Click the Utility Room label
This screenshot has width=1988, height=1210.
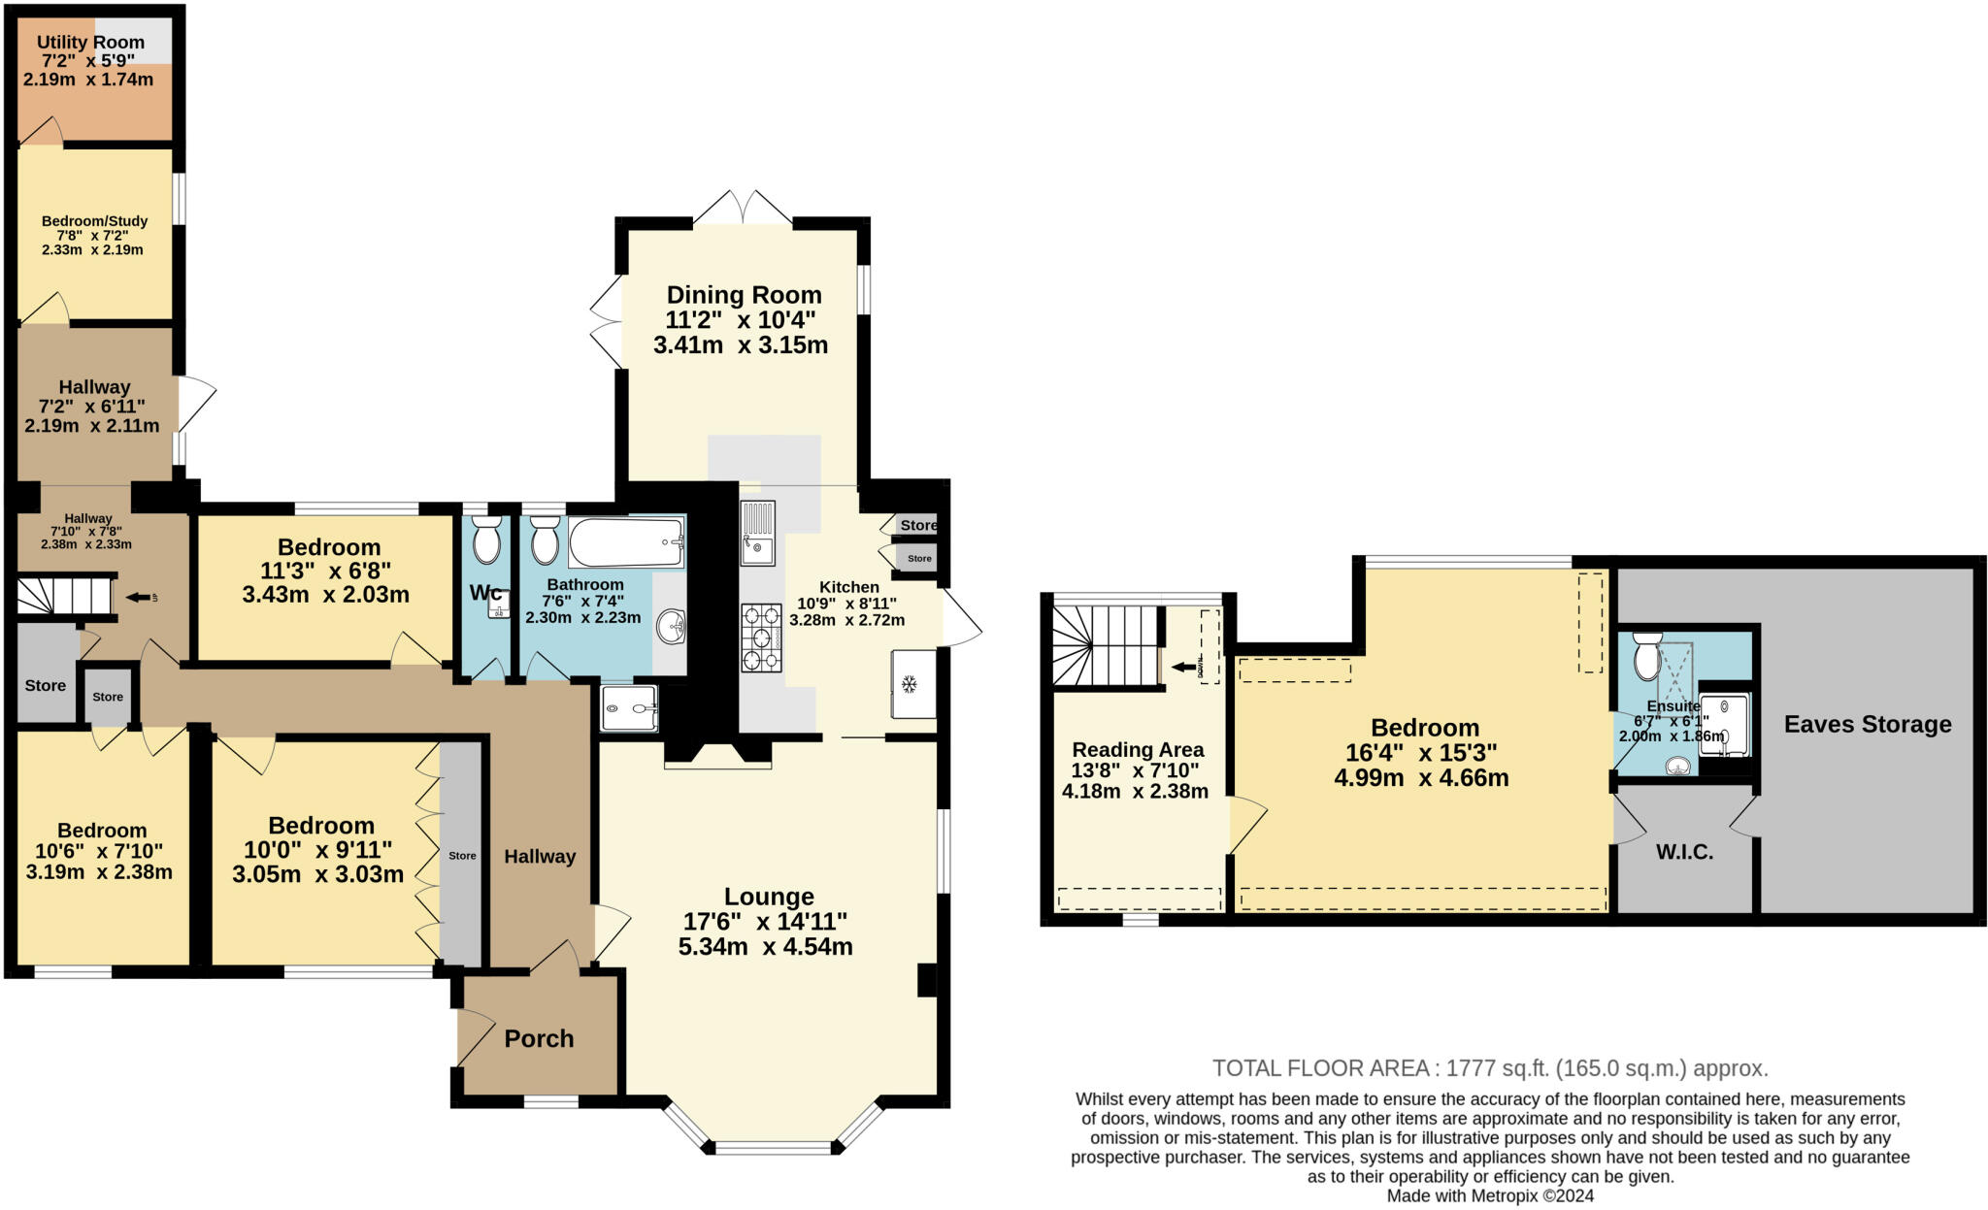(90, 43)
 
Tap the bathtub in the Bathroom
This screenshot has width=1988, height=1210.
(626, 542)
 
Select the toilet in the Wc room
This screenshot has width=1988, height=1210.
(485, 540)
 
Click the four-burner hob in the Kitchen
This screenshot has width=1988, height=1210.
(761, 638)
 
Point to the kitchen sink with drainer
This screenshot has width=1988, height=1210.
(757, 533)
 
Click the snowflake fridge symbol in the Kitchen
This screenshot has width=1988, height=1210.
(910, 685)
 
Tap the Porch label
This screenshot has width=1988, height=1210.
(539, 1038)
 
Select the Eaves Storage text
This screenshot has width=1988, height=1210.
(1867, 724)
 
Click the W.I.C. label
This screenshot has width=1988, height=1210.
(1684, 852)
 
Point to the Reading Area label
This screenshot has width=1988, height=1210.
(1138, 749)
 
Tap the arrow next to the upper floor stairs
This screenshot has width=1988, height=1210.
(1183, 667)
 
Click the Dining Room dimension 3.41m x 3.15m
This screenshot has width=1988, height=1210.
(740, 345)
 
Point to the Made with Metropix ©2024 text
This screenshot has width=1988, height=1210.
(1490, 1196)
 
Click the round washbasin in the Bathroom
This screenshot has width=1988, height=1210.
(671, 627)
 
